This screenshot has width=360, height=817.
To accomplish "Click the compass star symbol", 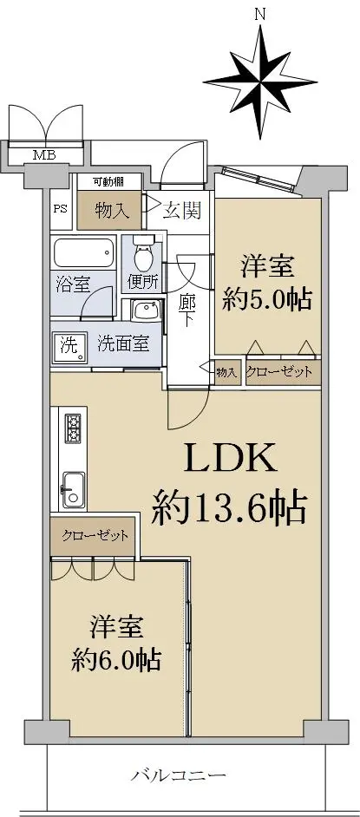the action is [260, 82].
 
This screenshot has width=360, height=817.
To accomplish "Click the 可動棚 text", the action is [108, 182].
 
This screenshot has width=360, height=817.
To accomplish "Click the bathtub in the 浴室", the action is [84, 254].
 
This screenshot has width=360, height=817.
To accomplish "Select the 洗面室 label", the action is [124, 343].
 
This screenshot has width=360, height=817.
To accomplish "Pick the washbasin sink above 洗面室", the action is [145, 312].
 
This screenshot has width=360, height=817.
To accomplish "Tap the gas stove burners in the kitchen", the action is [72, 428].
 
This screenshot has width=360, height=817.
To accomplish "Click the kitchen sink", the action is [73, 490].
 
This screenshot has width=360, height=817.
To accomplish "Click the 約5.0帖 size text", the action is [267, 299].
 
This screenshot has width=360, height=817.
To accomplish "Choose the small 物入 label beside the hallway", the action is [226, 372].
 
